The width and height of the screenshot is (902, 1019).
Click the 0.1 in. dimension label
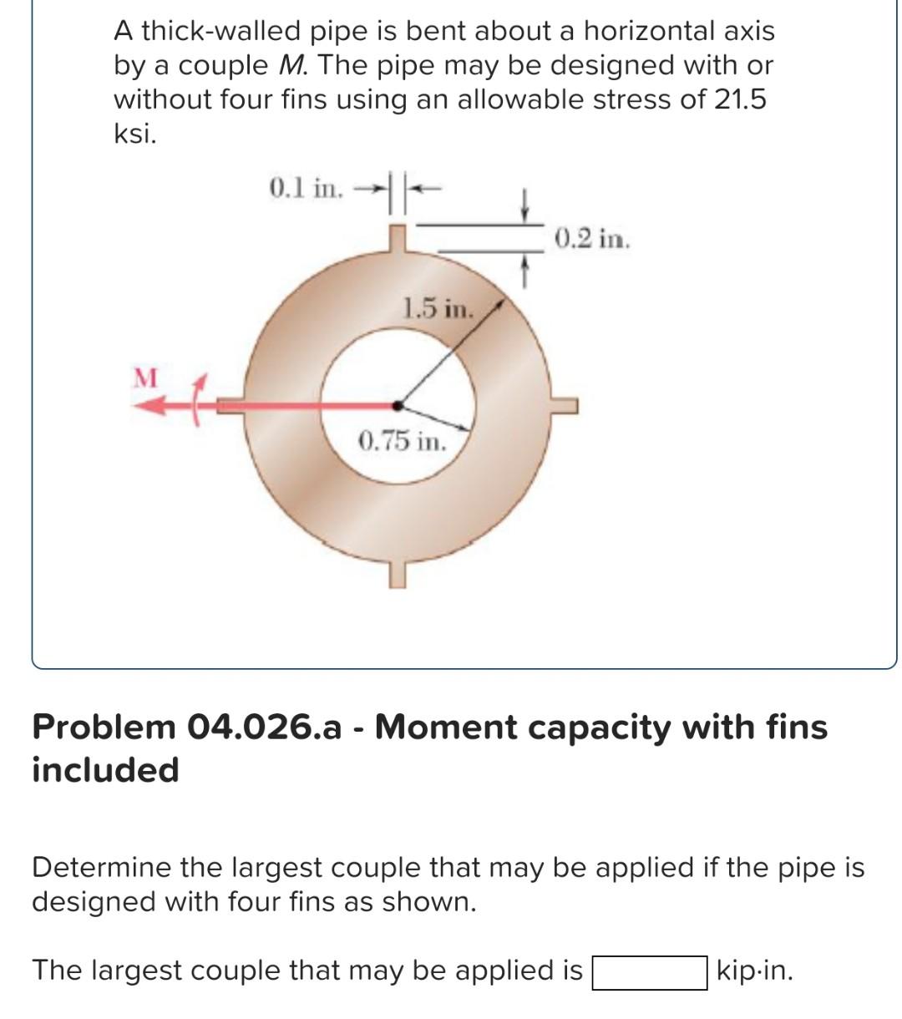[x=306, y=188]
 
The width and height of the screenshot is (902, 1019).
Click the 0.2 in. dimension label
[x=591, y=239]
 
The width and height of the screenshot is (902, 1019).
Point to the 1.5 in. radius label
[x=438, y=309]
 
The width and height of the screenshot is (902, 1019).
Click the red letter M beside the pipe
[x=145, y=378]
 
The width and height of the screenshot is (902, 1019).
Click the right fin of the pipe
[x=565, y=405]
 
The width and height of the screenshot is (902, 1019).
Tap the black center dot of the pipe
[x=399, y=405]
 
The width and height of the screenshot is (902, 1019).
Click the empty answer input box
[x=649, y=972]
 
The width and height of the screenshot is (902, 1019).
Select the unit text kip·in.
[x=755, y=971]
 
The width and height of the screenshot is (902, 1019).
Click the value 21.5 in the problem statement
[x=738, y=99]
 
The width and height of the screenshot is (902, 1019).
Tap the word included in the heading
[x=105, y=769]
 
